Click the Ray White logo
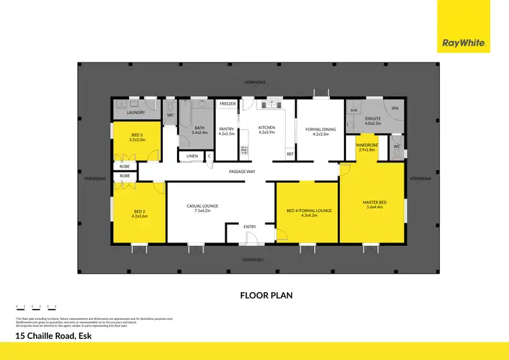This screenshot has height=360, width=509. pos(464,43)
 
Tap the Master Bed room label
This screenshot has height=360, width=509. pos(374,202)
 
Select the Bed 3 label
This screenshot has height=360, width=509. pos(136,137)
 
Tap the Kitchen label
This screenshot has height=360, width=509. pos(267,128)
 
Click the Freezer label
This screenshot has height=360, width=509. pos(227,104)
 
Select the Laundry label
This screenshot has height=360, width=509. pos(126,113)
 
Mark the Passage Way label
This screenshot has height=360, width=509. pos(242,171)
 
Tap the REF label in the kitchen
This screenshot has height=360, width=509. pos(290,154)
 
